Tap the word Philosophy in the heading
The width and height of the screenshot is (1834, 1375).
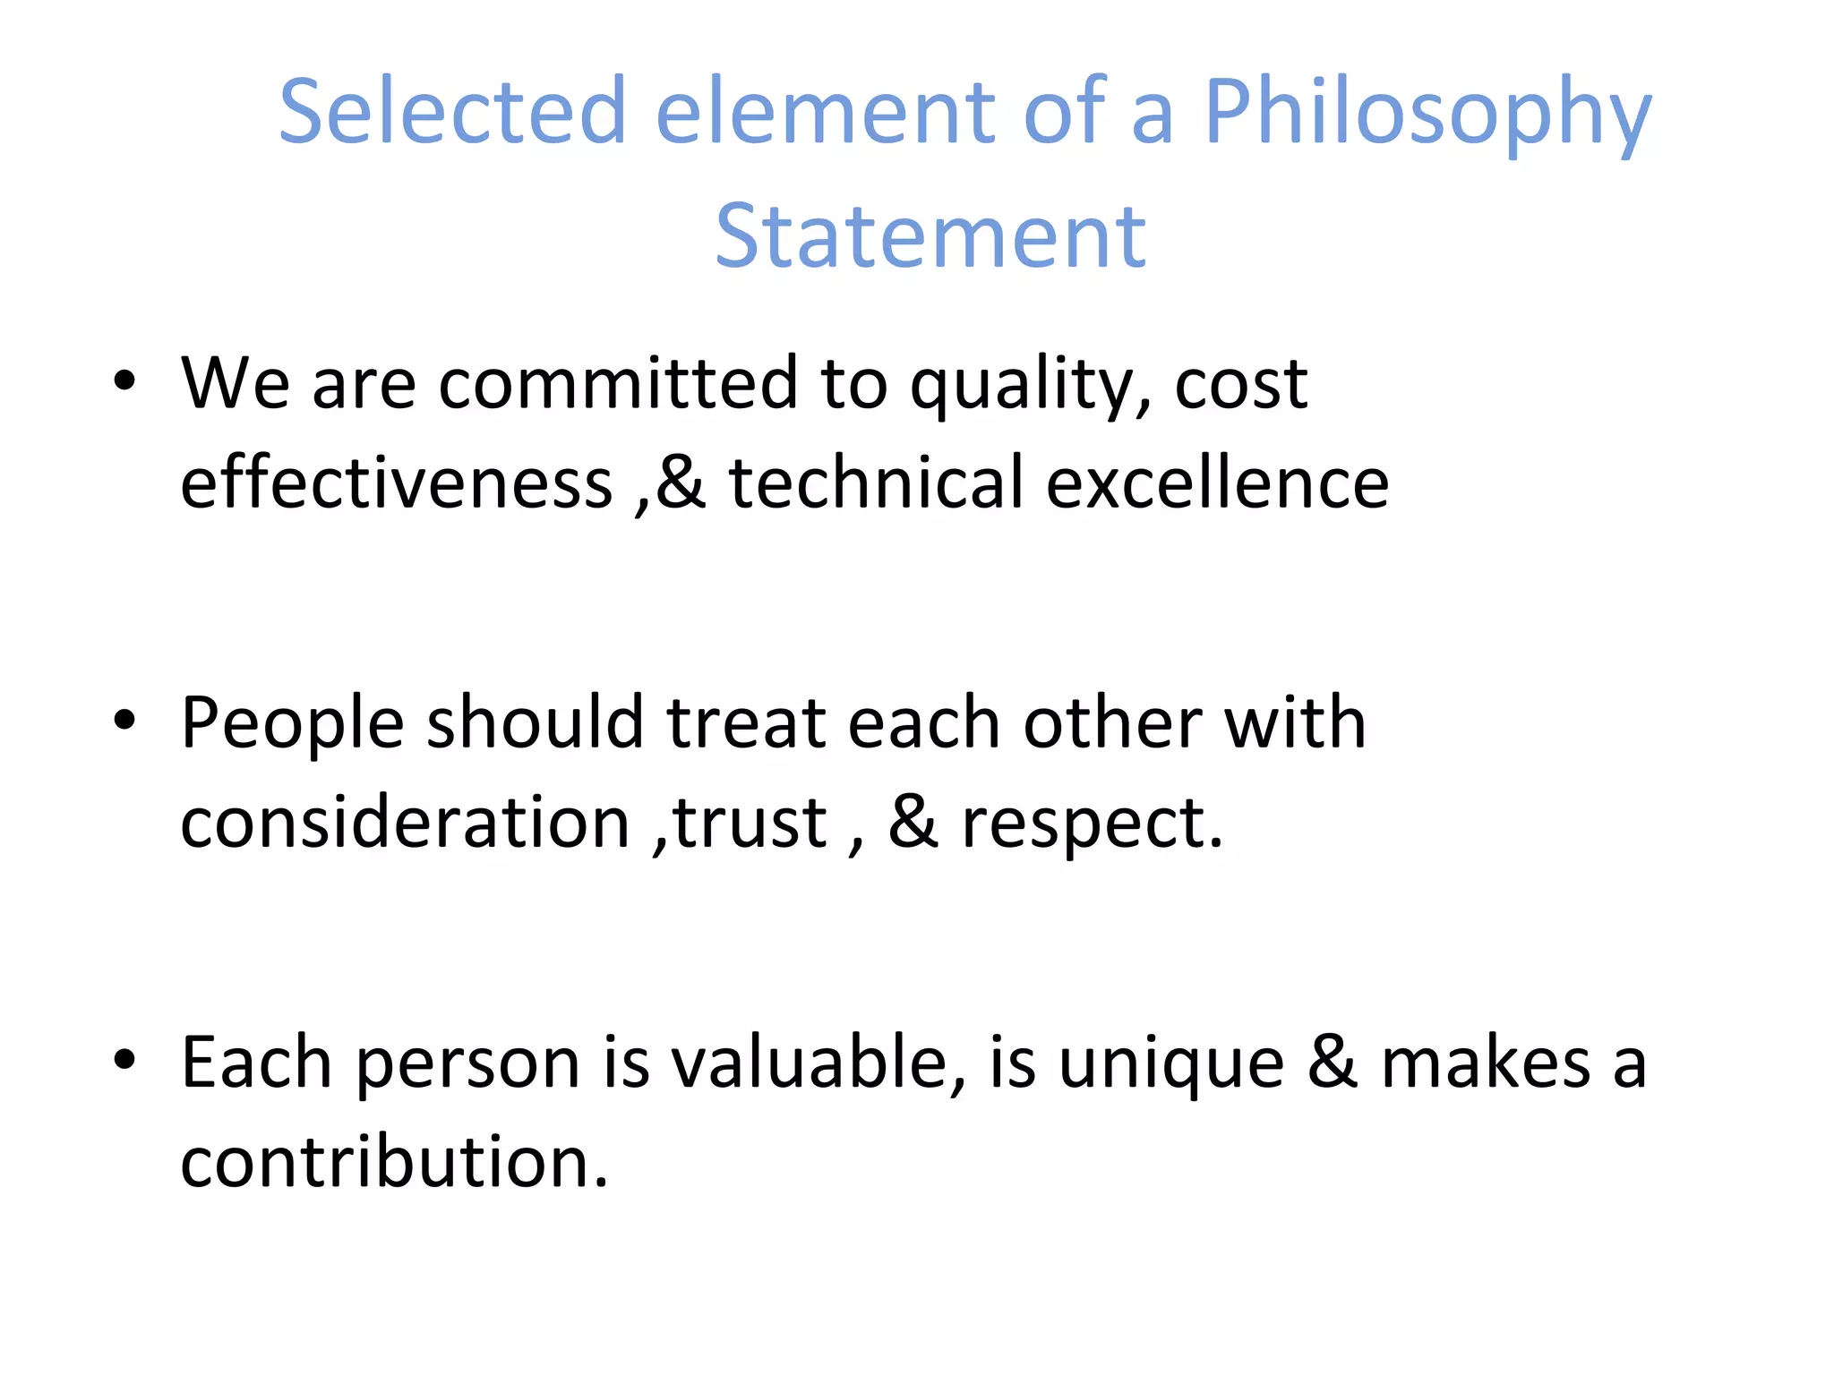click(x=1427, y=112)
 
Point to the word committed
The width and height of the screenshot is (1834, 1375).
click(x=618, y=383)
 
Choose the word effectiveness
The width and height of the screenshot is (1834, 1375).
click(x=397, y=483)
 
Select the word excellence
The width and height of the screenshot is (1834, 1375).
click(x=1217, y=483)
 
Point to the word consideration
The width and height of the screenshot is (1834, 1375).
click(x=406, y=822)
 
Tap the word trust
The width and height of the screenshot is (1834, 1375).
click(x=750, y=822)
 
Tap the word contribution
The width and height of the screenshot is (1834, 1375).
click(x=394, y=1161)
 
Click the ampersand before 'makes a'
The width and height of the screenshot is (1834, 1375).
click(x=1333, y=1063)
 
